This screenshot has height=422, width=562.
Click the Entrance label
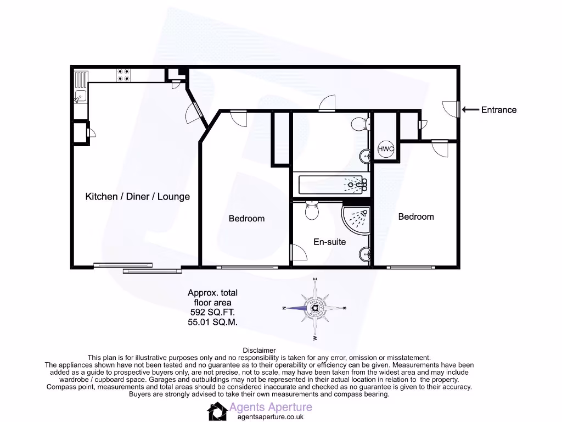(x=498, y=110)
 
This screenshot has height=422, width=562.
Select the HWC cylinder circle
(x=386, y=149)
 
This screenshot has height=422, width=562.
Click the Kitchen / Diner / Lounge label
(x=137, y=197)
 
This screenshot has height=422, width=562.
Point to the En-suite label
(x=329, y=242)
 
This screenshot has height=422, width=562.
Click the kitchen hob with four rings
(x=123, y=75)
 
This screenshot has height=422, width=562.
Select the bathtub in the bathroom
(x=331, y=185)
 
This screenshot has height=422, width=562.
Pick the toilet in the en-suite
(x=312, y=210)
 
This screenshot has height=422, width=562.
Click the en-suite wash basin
(x=366, y=254)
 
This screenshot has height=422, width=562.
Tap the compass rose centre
(x=315, y=308)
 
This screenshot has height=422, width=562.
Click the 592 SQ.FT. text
(x=212, y=312)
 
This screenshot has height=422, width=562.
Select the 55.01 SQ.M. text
(x=212, y=322)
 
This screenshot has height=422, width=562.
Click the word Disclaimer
(x=259, y=350)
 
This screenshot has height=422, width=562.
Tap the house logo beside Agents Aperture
(x=217, y=411)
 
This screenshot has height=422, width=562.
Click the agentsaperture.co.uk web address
(x=270, y=417)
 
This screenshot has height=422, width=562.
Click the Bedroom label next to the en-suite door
(x=246, y=219)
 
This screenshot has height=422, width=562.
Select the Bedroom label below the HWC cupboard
(x=415, y=217)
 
